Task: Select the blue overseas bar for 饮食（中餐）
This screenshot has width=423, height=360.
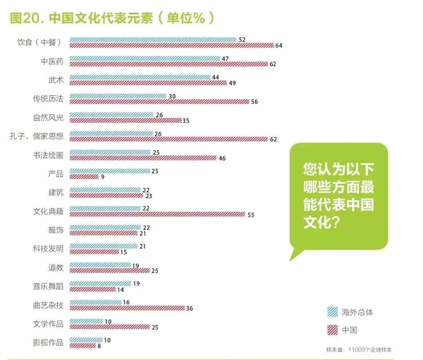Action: (x=153, y=40)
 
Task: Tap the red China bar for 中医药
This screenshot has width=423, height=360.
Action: (x=169, y=64)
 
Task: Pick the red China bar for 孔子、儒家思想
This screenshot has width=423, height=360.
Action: (x=169, y=139)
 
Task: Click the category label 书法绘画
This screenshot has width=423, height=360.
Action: (x=48, y=155)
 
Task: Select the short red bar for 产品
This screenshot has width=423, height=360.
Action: (x=84, y=177)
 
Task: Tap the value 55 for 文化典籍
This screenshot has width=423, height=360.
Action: (x=250, y=215)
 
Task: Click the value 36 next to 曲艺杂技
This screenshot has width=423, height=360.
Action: (x=190, y=308)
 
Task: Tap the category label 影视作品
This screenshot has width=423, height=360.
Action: (x=48, y=342)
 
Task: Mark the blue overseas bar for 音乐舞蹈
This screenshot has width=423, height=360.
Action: (x=100, y=284)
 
